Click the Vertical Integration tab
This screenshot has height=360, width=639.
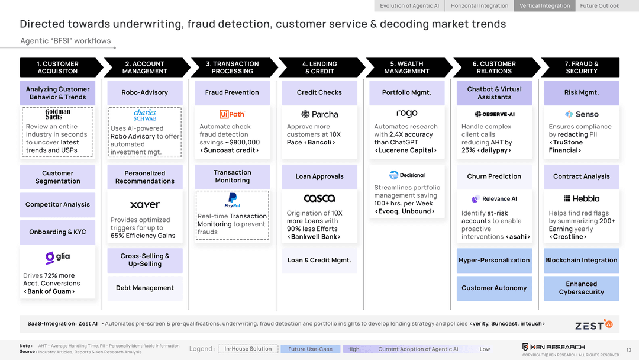545,6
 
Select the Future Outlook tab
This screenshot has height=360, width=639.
599,6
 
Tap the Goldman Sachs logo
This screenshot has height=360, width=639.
58,114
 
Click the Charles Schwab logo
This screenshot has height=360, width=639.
145,115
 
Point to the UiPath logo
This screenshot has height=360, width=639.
232,114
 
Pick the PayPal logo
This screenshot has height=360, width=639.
233,200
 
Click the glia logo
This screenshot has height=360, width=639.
58,258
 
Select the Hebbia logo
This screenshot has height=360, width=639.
582,199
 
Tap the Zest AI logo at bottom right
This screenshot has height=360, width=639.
593,324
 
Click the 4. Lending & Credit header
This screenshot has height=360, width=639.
319,67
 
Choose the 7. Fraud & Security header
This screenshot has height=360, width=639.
582,67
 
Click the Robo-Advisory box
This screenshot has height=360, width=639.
145,93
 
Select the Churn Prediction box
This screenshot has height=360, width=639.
494,176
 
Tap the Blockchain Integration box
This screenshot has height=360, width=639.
582,261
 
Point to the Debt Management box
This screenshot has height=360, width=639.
145,288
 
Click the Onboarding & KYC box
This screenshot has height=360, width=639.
58,232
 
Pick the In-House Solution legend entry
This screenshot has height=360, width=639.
248,349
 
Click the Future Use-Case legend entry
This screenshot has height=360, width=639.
310,349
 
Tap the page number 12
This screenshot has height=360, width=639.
628,350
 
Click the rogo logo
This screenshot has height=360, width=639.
406,114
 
